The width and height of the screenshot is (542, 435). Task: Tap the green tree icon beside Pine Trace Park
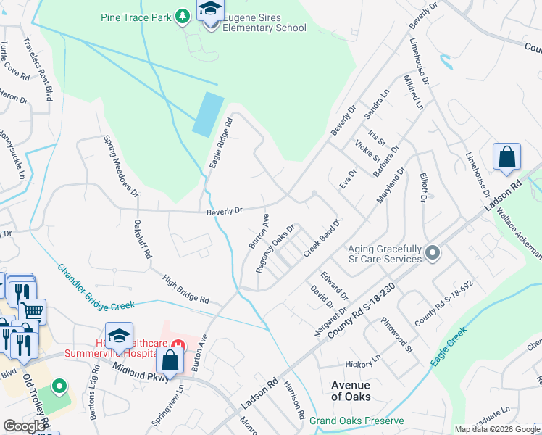point(184,15)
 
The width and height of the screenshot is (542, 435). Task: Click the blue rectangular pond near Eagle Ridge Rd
point(208,113)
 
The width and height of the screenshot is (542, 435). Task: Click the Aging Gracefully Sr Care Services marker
point(433,253)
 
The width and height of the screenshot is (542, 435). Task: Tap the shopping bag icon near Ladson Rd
point(507,157)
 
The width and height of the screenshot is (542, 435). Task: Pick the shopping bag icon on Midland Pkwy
point(170,360)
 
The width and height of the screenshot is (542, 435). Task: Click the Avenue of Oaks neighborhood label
point(351,391)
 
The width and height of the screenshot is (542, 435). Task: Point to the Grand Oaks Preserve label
point(356,420)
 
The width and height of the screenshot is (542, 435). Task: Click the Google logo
point(24,426)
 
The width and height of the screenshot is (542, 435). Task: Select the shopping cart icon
point(32,311)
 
